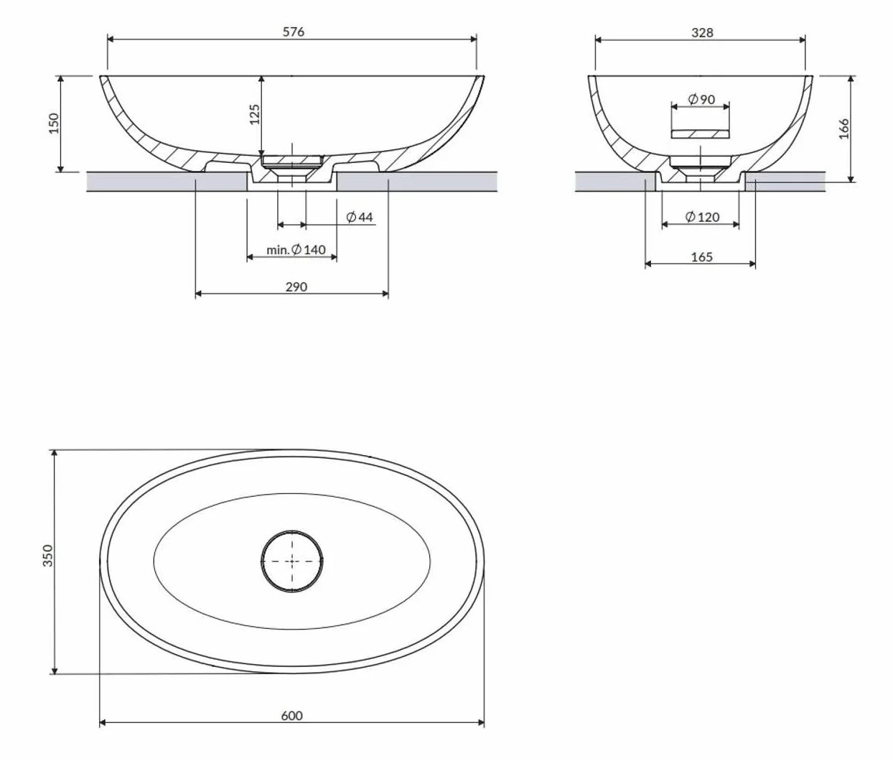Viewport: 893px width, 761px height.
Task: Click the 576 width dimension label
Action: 294,32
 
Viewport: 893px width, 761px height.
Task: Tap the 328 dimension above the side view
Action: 702,33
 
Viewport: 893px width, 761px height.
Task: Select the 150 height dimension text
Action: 54,123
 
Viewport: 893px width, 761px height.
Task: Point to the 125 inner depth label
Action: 255,114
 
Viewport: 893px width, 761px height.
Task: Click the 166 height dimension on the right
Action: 843,129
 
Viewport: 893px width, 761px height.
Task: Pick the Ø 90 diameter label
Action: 701,100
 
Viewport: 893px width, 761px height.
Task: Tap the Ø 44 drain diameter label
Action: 360,217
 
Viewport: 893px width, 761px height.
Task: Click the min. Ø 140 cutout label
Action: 296,250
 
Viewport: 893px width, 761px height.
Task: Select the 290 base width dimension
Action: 296,287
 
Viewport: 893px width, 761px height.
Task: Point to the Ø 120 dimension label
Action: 703,217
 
